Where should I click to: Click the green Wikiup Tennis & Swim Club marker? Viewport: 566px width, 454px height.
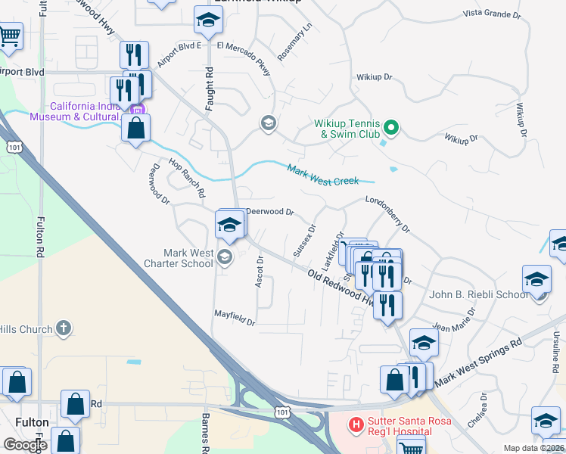[x=391, y=126]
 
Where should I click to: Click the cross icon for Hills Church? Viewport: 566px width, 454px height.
[x=64, y=329]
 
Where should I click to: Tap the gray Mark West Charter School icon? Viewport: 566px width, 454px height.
[x=224, y=258]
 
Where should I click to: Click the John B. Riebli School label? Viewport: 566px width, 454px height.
[x=477, y=294]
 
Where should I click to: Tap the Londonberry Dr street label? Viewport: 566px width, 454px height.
[x=387, y=213]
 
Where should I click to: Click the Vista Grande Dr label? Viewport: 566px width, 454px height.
[x=493, y=13]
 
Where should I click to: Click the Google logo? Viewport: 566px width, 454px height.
[x=25, y=445]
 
